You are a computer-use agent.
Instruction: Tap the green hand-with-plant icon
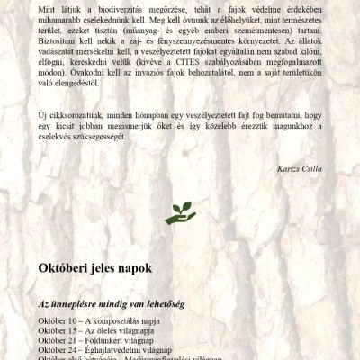click(x=180, y=212)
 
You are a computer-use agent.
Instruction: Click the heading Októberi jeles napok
click(x=95, y=268)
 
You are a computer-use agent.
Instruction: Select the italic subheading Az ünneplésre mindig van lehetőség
click(x=112, y=304)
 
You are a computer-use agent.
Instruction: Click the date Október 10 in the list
click(x=58, y=320)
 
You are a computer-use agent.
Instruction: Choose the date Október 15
click(x=58, y=330)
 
